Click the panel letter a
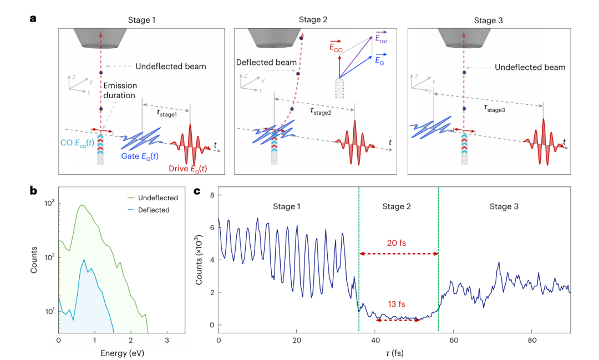[33, 18]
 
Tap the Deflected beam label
[266, 62]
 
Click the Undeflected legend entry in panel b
[158, 197]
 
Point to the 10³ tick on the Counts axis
[49, 204]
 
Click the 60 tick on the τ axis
[453, 338]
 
